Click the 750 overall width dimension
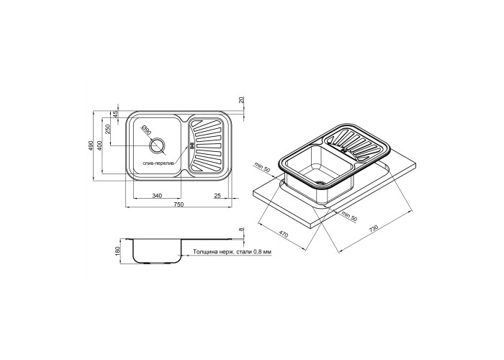tap(179, 204)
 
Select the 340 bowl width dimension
tap(156, 195)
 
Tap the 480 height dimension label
tap(91, 145)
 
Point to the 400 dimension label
tap(100, 145)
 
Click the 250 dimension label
tap(108, 129)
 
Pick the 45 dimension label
tap(116, 114)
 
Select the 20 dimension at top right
tap(243, 99)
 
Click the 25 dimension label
tap(217, 195)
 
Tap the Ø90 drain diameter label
tap(146, 130)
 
